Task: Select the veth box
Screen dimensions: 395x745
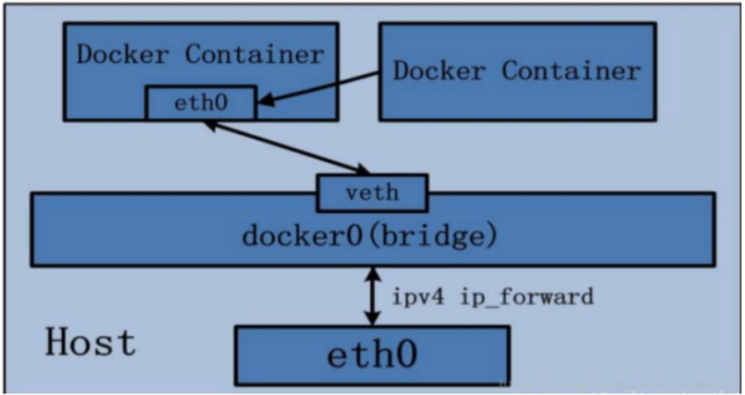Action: point(372,192)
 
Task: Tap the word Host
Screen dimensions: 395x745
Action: point(89,342)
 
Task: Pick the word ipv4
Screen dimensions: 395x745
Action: point(419,296)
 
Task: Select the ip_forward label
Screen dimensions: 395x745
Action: point(527,296)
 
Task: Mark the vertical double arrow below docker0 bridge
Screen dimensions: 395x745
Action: point(372,296)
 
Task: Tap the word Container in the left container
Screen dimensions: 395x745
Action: point(255,55)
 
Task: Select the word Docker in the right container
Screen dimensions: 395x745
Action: point(439,70)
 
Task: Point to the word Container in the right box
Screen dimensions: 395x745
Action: point(572,70)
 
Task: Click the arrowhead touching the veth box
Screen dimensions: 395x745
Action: point(360,169)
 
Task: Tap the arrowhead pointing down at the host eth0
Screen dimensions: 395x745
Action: point(372,320)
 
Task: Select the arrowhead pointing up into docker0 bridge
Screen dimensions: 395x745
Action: point(372,273)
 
